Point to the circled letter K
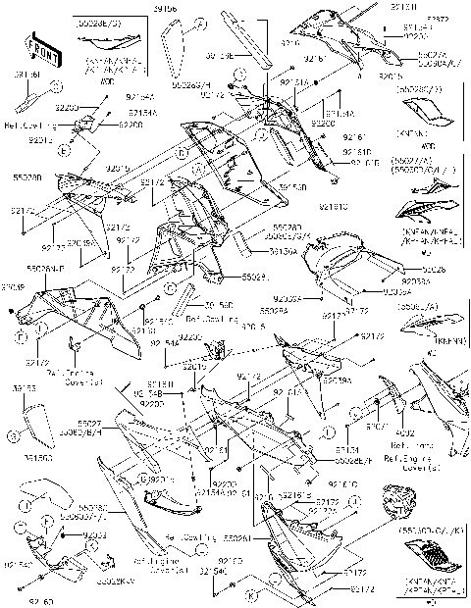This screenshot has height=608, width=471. [251, 595]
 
